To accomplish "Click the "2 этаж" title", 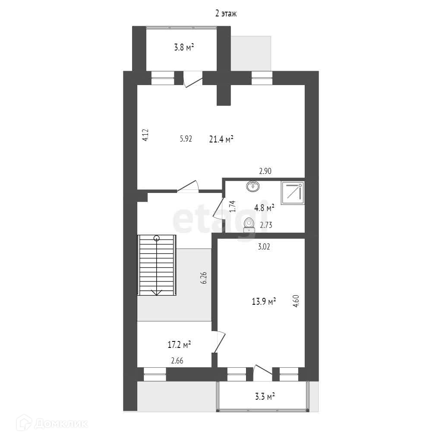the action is (x=226, y=14).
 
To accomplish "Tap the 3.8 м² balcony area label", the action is (x=183, y=47).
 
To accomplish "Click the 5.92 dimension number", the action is (x=186, y=139).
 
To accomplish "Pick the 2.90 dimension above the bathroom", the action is (x=265, y=171).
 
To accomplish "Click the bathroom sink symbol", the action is (x=253, y=186).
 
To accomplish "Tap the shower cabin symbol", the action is (x=292, y=193).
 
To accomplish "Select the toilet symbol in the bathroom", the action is (x=249, y=224).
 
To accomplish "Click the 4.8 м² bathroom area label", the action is (x=264, y=208).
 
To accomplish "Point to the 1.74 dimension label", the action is (x=232, y=206).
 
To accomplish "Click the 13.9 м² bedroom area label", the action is (x=264, y=301).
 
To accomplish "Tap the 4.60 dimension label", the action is (x=296, y=300).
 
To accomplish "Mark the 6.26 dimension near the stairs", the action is (x=204, y=276).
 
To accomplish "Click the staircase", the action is (x=157, y=265).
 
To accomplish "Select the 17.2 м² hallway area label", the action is (x=179, y=345).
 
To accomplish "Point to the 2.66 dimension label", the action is (x=177, y=361).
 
